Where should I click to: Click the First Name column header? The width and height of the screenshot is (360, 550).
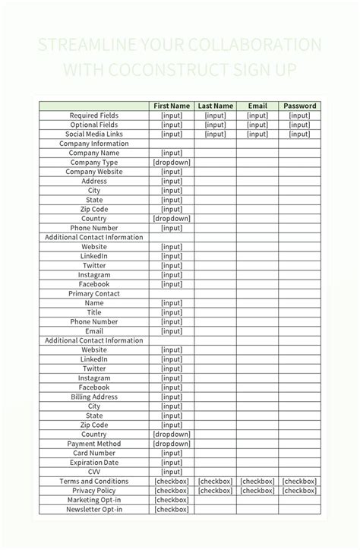(172, 106)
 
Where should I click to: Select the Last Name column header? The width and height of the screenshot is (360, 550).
(215, 106)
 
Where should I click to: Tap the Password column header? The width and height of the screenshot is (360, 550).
(299, 106)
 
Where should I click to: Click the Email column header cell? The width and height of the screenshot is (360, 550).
(257, 106)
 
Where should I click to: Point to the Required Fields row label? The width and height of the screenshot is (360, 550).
(94, 115)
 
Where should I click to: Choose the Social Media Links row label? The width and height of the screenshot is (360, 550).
(94, 134)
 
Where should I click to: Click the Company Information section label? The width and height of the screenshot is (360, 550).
(94, 144)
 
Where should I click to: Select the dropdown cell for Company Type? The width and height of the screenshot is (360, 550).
(172, 163)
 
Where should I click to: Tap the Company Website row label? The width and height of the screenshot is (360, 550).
(94, 172)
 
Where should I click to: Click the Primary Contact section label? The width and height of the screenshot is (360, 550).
(94, 293)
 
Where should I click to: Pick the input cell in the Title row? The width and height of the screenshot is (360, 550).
(172, 312)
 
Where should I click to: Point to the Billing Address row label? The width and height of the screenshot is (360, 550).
(94, 397)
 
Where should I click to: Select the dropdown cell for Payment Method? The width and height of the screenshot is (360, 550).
(172, 444)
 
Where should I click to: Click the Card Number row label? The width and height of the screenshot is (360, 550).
(94, 453)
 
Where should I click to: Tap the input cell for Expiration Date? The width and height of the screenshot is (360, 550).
(172, 462)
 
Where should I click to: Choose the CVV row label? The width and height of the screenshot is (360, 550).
(94, 472)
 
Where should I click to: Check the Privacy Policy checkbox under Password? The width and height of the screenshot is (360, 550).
(299, 491)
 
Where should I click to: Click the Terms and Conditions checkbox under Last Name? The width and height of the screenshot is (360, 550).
(215, 481)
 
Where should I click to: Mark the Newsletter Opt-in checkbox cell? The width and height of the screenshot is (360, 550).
(172, 509)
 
